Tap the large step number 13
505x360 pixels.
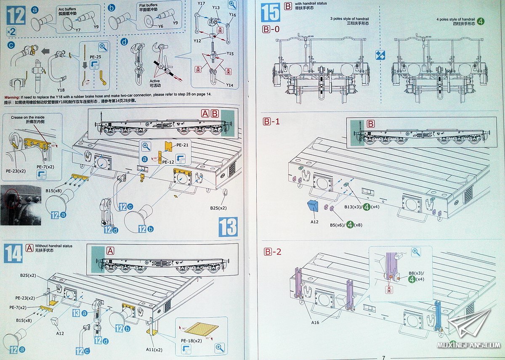tap(228, 227)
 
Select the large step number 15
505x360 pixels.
tap(270, 12)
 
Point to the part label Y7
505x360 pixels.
tap(78, 30)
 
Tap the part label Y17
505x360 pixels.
tap(201, 4)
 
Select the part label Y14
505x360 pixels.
tap(229, 85)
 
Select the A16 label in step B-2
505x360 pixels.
tap(315, 323)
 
